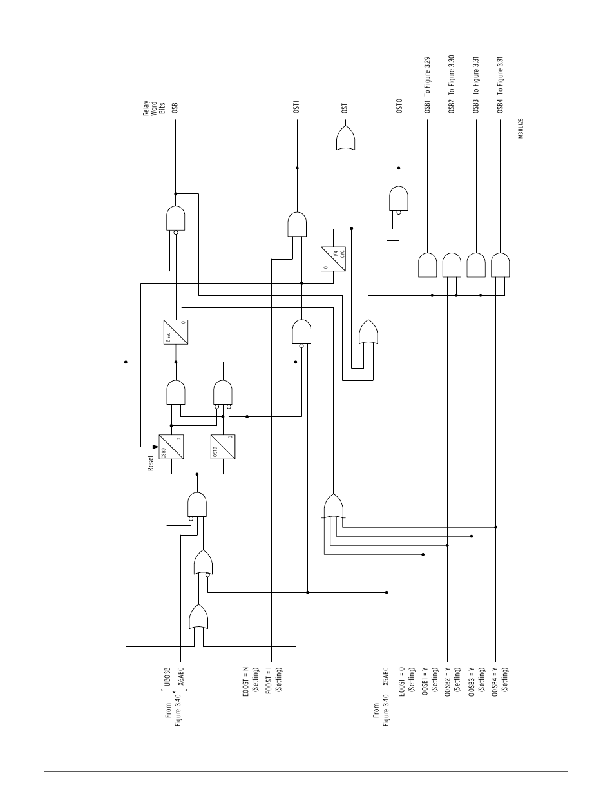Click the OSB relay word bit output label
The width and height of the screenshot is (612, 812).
point(175,106)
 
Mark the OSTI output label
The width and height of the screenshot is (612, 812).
point(297,106)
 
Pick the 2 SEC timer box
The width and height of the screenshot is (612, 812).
point(176,334)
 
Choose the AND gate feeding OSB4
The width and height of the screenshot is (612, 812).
point(500,265)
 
